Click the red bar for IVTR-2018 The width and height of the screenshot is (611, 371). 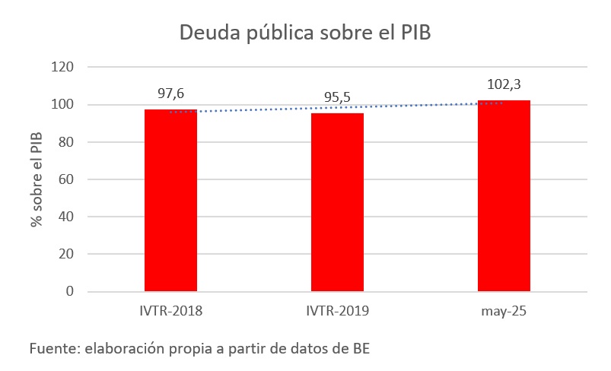(x=170, y=200)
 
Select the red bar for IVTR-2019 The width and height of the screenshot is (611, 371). (x=337, y=201)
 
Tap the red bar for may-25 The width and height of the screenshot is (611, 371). (x=504, y=195)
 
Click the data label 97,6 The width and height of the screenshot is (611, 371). (x=170, y=94)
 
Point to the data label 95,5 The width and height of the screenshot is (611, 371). (x=337, y=98)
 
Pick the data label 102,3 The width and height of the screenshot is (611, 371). (x=504, y=84)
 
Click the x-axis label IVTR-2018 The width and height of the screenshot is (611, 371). (x=170, y=310)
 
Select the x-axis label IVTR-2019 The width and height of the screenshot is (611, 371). (x=337, y=310)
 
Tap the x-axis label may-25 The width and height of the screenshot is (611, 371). (x=504, y=310)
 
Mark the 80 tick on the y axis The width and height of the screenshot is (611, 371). (x=65, y=142)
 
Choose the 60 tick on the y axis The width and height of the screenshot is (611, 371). (x=65, y=179)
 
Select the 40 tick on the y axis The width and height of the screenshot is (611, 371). (x=65, y=217)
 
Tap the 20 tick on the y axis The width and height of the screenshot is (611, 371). (x=65, y=254)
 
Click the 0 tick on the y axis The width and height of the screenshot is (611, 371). (x=69, y=291)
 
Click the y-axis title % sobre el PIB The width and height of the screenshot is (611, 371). (x=36, y=179)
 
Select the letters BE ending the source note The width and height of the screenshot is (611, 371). (x=361, y=349)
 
